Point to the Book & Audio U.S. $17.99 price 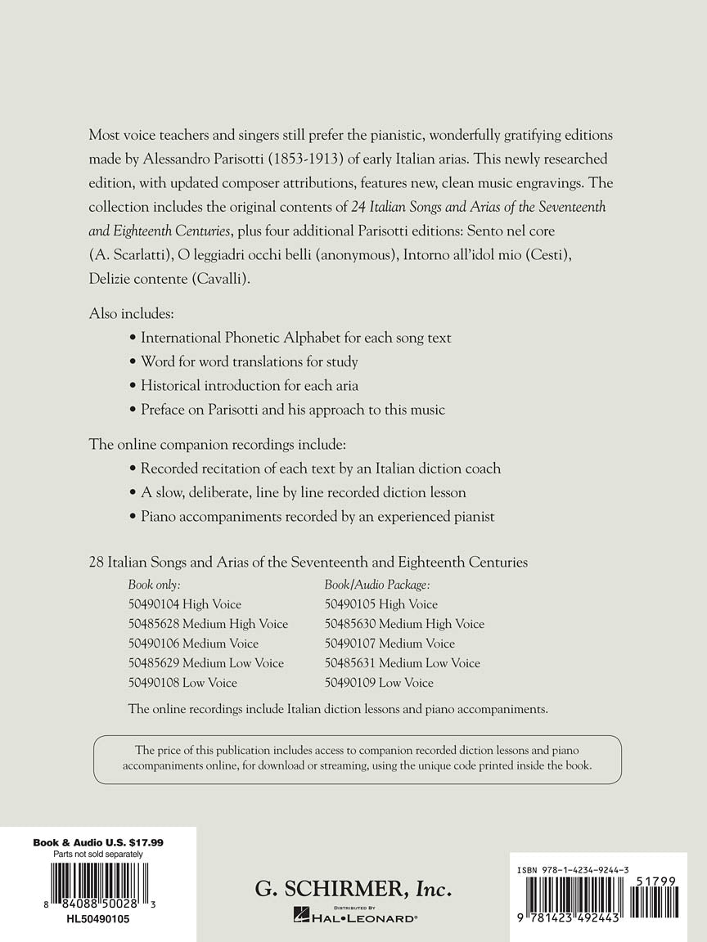(x=98, y=842)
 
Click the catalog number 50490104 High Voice (x=185, y=604)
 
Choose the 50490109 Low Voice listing (x=379, y=683)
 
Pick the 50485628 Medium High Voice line (x=208, y=624)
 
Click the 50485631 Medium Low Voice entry (x=402, y=663)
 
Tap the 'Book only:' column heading (x=155, y=585)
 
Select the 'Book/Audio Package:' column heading (x=377, y=585)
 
